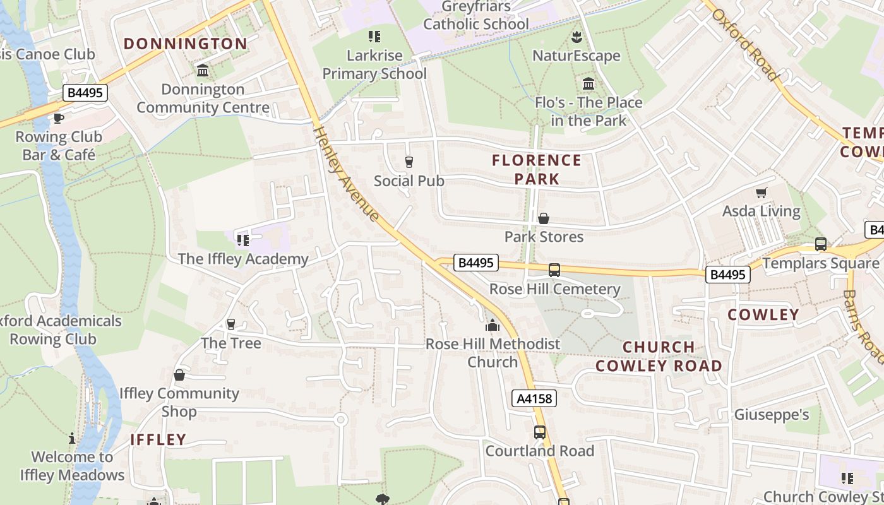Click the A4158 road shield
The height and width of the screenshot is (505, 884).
point(534,398)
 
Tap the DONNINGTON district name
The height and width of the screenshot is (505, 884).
point(185,44)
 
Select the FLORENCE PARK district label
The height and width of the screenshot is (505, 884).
point(537,169)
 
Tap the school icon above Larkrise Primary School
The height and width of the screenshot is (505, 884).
point(374,37)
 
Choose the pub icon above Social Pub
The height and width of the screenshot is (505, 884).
point(409,162)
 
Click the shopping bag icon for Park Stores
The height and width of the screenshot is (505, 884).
point(543,218)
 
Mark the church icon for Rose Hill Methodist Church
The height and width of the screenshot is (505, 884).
point(492,326)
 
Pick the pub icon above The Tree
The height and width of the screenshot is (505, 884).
point(230,324)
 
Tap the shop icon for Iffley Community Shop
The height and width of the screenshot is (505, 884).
point(179,375)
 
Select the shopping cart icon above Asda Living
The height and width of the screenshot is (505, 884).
point(761,193)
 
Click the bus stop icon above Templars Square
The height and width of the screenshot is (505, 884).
point(820,244)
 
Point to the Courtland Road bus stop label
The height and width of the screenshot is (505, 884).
point(539,451)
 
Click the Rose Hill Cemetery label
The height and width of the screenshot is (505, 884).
point(555,289)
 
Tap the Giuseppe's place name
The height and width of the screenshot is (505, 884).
point(771,415)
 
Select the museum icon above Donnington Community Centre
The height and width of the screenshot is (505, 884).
point(203,71)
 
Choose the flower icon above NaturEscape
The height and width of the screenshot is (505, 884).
point(576,37)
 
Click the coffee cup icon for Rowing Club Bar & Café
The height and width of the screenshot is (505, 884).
point(59,118)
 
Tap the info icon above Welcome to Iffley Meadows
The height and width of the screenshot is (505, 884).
point(72,438)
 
